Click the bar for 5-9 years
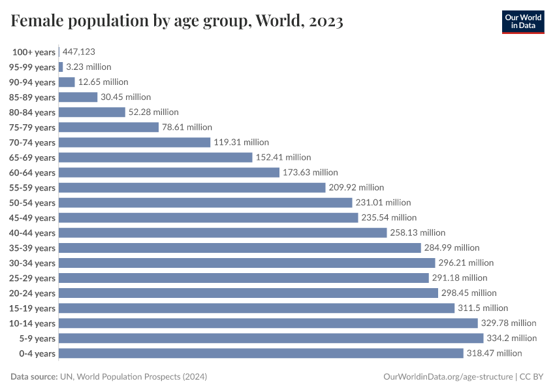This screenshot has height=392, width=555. [x=271, y=338]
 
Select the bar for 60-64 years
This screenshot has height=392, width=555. [x=169, y=172]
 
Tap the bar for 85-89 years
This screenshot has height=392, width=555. [x=78, y=97]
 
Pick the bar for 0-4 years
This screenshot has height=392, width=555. [x=261, y=353]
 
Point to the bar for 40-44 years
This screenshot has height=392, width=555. [x=223, y=233]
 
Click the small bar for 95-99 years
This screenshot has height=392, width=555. [x=61, y=67]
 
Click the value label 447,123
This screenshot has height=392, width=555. [x=79, y=52]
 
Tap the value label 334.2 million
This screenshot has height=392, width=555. [x=511, y=338]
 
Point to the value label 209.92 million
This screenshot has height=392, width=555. [x=357, y=188]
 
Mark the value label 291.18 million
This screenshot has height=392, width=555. [x=460, y=278]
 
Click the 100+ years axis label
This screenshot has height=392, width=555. [x=34, y=52]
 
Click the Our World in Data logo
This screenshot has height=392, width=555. [x=522, y=21]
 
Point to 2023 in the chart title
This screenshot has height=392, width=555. [x=323, y=22]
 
